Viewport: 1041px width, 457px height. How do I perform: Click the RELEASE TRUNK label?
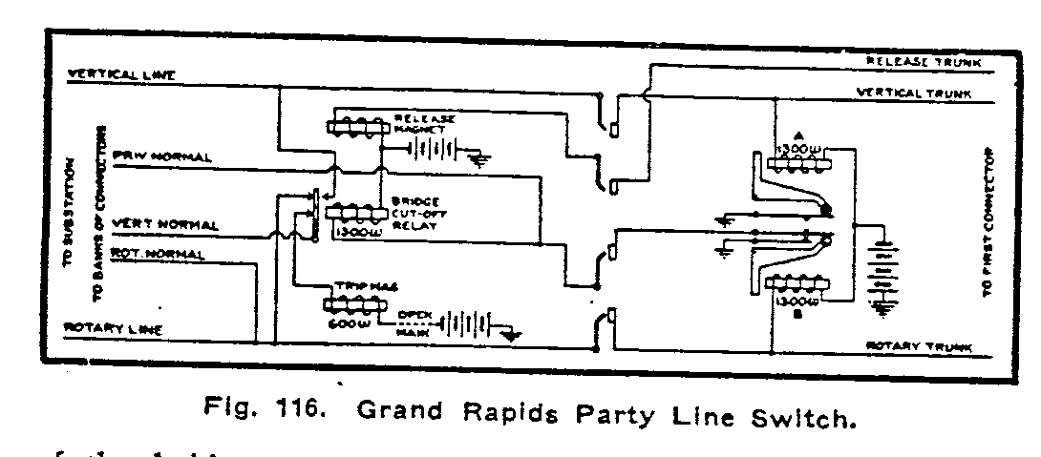point(924,60)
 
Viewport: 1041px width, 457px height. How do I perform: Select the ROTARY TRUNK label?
point(918,345)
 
